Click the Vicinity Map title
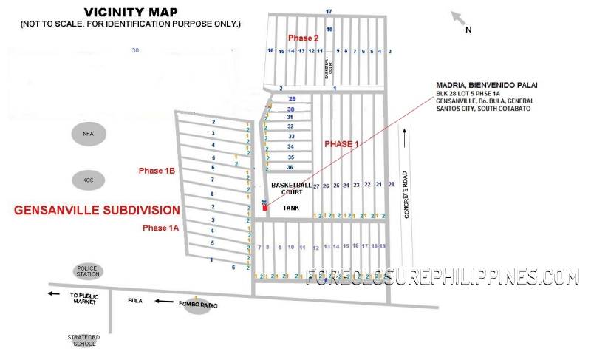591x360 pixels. tap(130, 12)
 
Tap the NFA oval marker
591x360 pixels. tap(89, 134)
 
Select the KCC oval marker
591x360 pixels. tap(88, 180)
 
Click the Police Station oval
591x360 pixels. tap(88, 271)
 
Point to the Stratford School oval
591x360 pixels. tap(82, 340)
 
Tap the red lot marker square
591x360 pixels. tap(264, 208)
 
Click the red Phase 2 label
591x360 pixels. tap(303, 38)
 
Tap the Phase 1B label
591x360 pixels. tap(156, 171)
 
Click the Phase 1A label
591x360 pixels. tap(160, 228)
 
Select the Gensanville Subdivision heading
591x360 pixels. tap(97, 210)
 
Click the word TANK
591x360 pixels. tap(291, 208)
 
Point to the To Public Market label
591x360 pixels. tap(84, 297)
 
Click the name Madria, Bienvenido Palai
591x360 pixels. tap(480, 85)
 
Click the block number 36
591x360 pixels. tap(290, 167)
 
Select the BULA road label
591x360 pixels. tap(134, 301)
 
